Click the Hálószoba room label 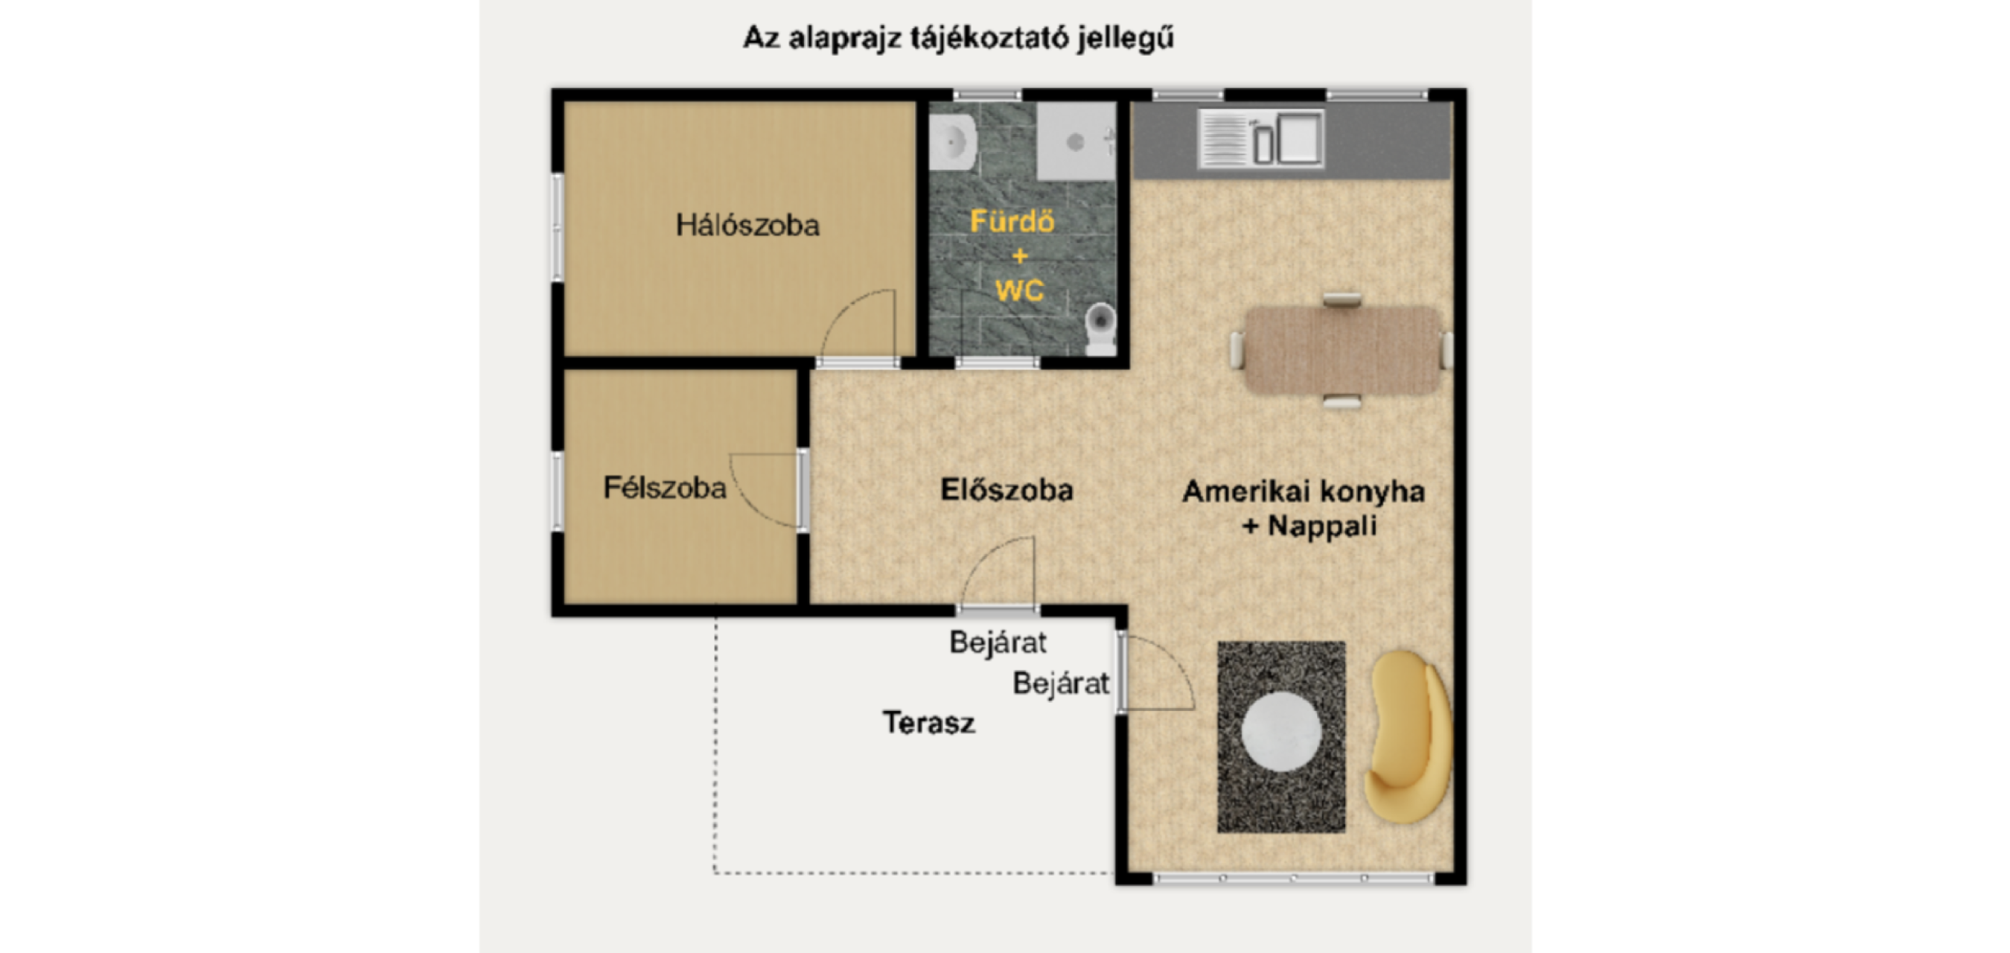pyautogui.click(x=747, y=226)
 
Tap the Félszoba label pyautogui.click(x=665, y=488)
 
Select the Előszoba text pyautogui.click(x=1006, y=490)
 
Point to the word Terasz pyautogui.click(x=928, y=723)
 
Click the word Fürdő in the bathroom pyautogui.click(x=1012, y=222)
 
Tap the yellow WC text pyautogui.click(x=1019, y=291)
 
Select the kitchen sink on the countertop pyautogui.click(x=1261, y=139)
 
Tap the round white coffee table pyautogui.click(x=1281, y=731)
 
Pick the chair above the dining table pyautogui.click(x=1342, y=300)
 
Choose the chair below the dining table pyautogui.click(x=1342, y=401)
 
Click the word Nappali pyautogui.click(x=1322, y=526)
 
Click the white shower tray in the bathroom pyautogui.click(x=1076, y=141)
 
